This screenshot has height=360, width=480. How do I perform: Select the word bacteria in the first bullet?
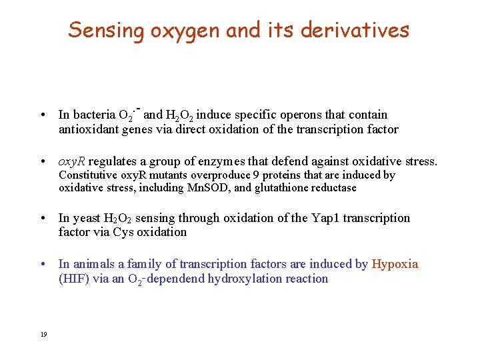click(x=95, y=115)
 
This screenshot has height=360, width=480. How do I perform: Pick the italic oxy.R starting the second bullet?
click(x=72, y=161)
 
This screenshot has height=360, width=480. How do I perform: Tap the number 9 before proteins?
click(x=257, y=175)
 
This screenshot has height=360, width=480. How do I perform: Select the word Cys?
click(x=124, y=232)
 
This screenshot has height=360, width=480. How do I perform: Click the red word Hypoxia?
click(x=395, y=264)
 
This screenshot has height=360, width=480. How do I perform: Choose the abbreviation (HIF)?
click(x=73, y=279)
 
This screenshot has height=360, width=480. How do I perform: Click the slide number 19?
click(x=44, y=334)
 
